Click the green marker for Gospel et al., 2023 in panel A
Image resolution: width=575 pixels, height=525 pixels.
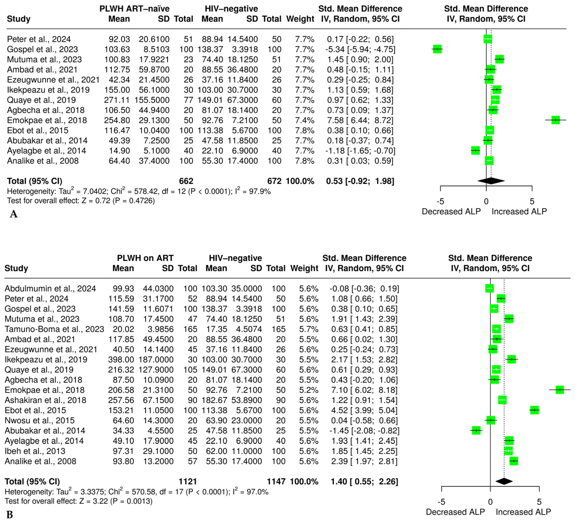click(x=437, y=49)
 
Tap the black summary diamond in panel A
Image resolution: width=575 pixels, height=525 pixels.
click(x=491, y=181)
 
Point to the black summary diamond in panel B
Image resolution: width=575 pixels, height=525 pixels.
click(x=504, y=481)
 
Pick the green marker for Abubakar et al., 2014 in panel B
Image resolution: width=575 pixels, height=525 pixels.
click(x=476, y=430)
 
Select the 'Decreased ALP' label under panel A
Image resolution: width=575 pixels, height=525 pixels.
click(x=451, y=211)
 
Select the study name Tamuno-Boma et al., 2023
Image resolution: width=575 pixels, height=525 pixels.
click(x=54, y=329)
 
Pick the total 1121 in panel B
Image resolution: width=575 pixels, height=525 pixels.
click(x=188, y=482)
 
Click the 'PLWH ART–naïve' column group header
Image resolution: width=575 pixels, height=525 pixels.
click(x=134, y=9)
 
